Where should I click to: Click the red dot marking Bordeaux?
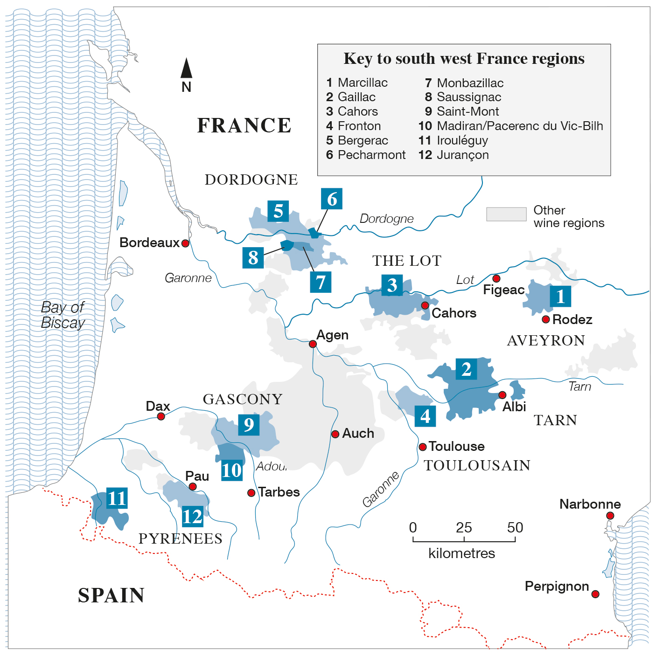tap(185, 243)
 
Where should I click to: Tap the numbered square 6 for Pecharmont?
tap(332, 199)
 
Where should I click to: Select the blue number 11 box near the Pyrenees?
tap(117, 498)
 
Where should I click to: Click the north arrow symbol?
tap(186, 69)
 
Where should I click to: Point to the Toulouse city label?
tap(456, 447)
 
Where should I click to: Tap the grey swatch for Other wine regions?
tap(506, 214)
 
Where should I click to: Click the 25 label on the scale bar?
tap(464, 528)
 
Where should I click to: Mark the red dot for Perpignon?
tap(595, 594)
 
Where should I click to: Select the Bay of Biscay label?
tap(63, 315)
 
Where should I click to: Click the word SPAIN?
tap(111, 595)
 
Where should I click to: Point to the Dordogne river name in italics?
tap(386, 219)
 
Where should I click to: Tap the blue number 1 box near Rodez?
tap(560, 296)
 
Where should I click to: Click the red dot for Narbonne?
tap(610, 516)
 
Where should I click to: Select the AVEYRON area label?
tap(546, 341)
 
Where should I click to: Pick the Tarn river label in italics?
tap(579, 387)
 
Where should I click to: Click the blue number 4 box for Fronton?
tap(425, 416)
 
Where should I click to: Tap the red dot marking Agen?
tap(313, 344)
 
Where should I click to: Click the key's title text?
tap(464, 59)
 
